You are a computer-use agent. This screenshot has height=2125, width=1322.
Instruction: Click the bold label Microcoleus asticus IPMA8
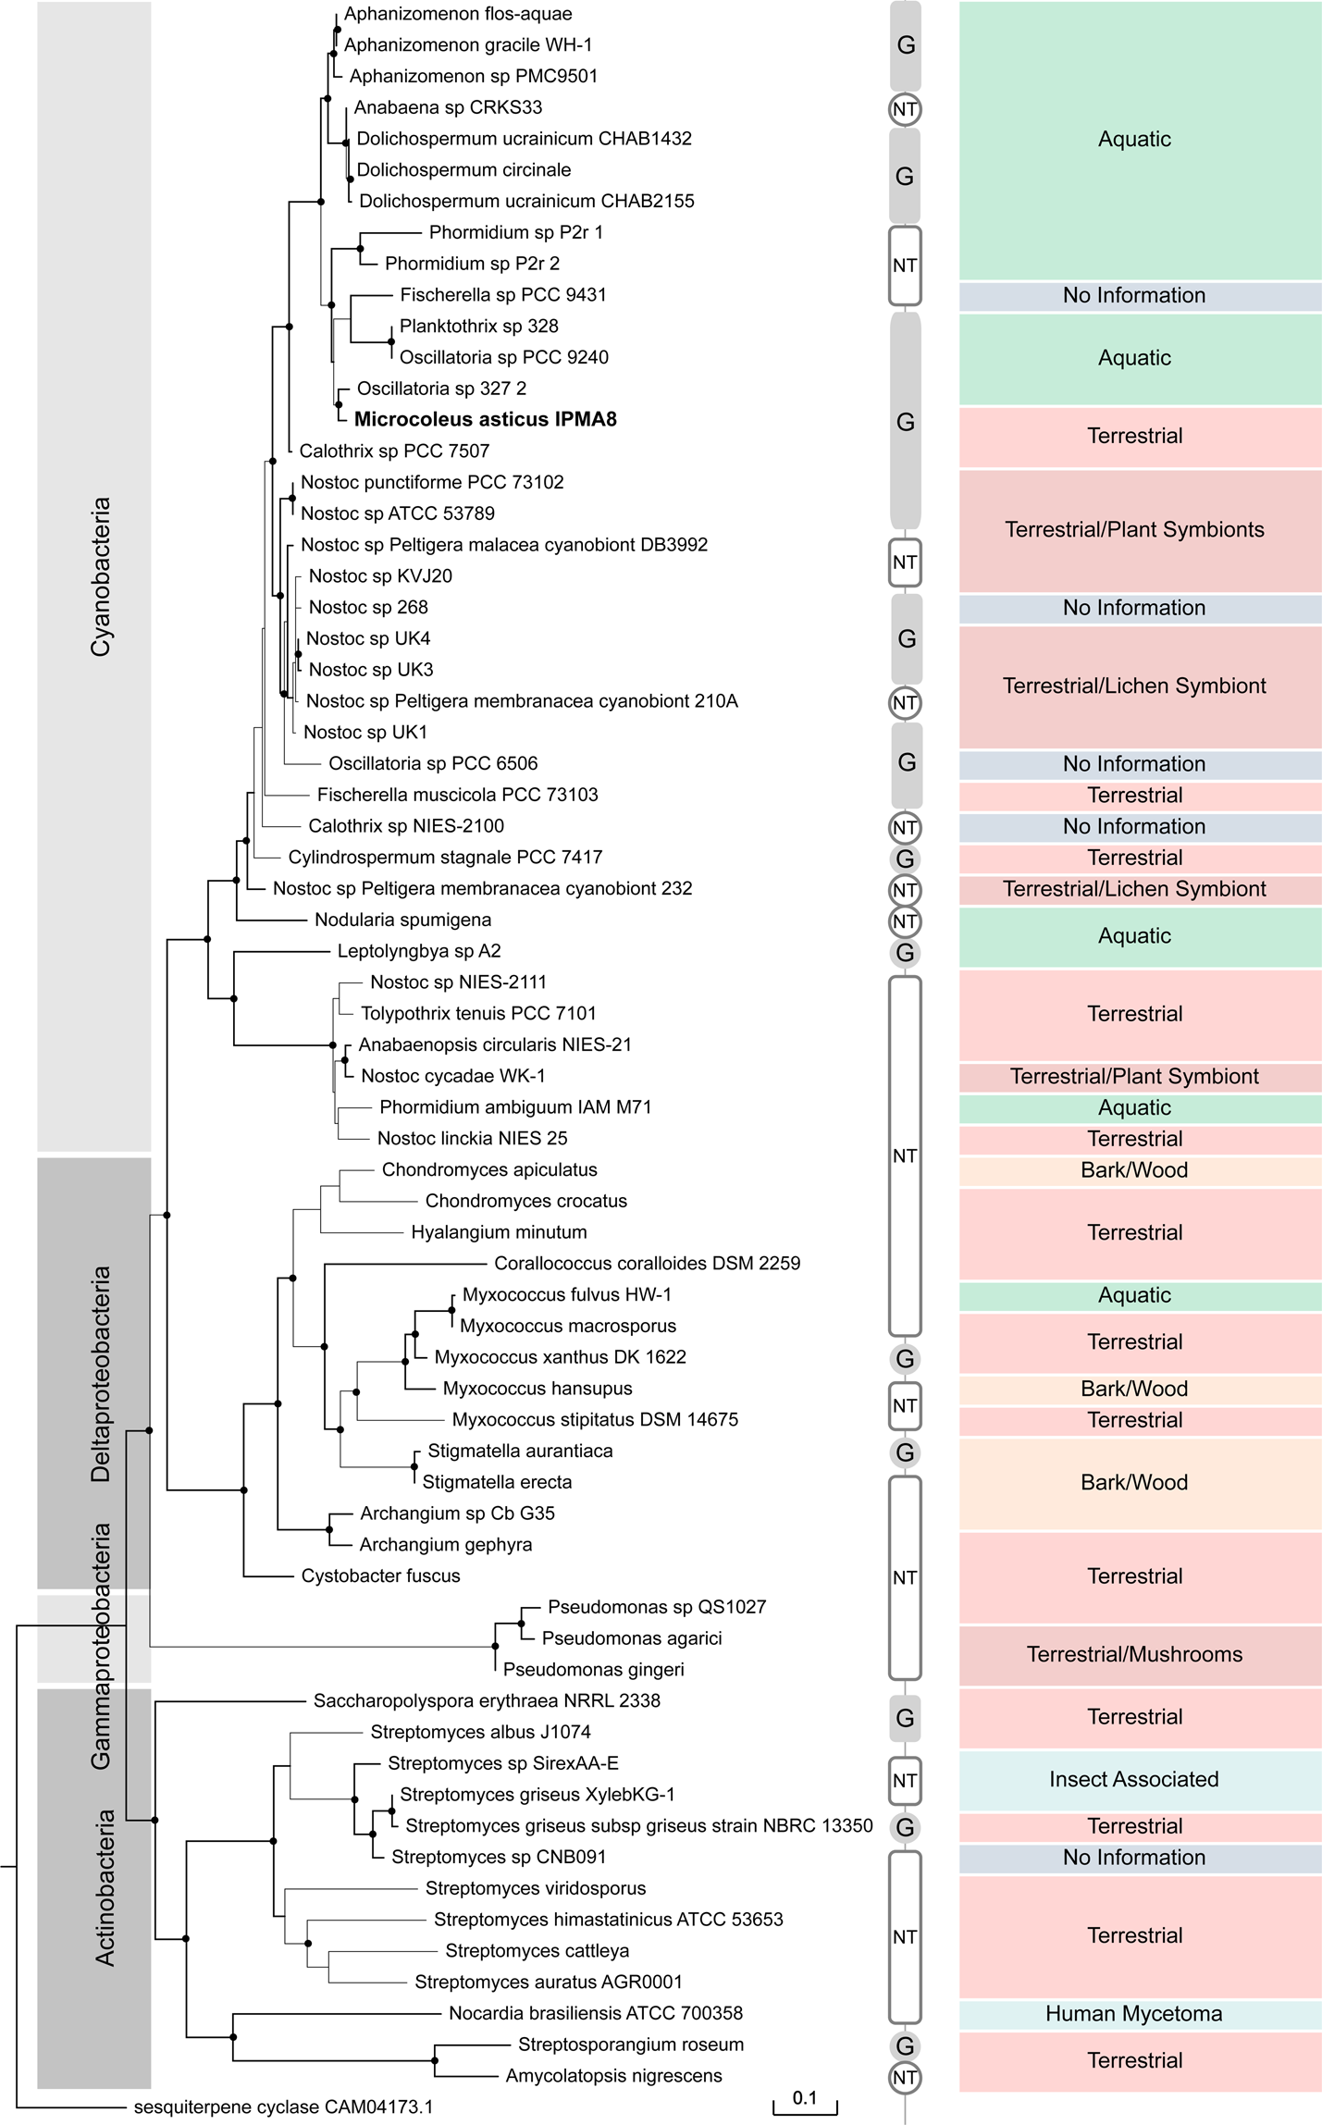coord(485,419)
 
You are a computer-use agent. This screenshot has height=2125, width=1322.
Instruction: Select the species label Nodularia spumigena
coord(402,920)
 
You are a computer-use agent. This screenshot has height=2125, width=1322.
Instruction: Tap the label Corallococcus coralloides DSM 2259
coord(647,1263)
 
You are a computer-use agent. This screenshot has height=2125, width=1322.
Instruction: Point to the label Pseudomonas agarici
coord(631,1638)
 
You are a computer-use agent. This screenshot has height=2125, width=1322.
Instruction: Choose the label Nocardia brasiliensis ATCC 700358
coord(595,2013)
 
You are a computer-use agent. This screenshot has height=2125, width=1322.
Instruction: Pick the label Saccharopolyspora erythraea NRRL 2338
coord(487,1700)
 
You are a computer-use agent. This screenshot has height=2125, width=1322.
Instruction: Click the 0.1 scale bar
coord(805,2097)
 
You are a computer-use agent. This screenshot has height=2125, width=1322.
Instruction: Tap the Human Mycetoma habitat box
coord(1133,2014)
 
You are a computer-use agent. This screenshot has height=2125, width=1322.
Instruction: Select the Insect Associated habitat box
coord(1133,1779)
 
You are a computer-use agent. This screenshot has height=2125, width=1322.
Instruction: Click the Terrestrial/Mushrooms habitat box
coord(1133,1654)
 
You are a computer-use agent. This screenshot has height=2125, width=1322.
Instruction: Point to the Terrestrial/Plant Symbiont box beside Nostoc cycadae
coord(1133,1076)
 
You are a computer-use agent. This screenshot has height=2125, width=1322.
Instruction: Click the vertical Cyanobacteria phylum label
coord(100,576)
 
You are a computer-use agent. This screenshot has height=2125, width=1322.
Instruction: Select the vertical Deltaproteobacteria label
coord(100,1374)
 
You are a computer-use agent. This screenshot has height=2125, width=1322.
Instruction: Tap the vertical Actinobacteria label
coord(105,1887)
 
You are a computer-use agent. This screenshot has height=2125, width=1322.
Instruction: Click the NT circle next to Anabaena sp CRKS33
coord(905,109)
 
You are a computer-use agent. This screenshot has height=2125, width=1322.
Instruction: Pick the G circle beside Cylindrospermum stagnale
coord(905,859)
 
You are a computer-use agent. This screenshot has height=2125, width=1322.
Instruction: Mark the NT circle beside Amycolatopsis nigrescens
coord(905,2078)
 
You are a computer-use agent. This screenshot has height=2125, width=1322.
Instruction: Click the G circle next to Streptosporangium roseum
coord(905,2045)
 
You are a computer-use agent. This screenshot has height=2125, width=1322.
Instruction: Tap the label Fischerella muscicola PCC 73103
coord(457,795)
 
